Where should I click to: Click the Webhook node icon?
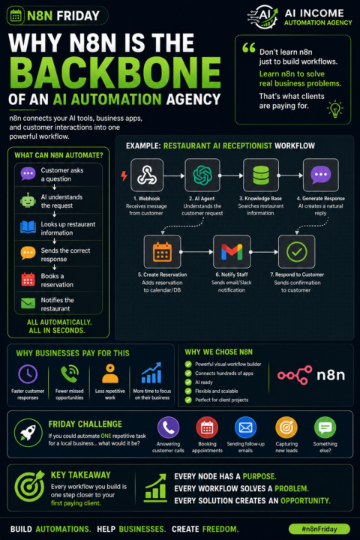pos(147,175)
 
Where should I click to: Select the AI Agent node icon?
pos(202,175)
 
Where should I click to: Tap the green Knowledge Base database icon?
pos(261,175)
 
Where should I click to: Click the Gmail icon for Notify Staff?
pos(232,252)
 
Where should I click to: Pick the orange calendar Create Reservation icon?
pos(162,252)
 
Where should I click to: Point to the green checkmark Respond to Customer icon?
pos(296,252)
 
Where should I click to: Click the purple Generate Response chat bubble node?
pos(321,175)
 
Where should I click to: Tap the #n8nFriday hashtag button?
pos(319,529)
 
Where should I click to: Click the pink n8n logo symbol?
pos(295,375)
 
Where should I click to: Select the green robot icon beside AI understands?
pos(28,200)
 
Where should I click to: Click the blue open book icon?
pos(28,227)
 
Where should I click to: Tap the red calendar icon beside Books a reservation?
pos(28,279)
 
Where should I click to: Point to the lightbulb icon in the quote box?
pos(334,109)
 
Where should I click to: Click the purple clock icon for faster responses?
pos(28,374)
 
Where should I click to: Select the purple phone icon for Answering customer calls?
pos(169,427)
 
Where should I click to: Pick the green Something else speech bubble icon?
pos(325,427)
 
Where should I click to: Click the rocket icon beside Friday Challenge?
pos(28,433)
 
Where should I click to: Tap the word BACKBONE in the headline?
pos(115,73)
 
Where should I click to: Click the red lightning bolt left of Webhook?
pos(124,175)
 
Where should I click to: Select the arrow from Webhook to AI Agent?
pos(174,175)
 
